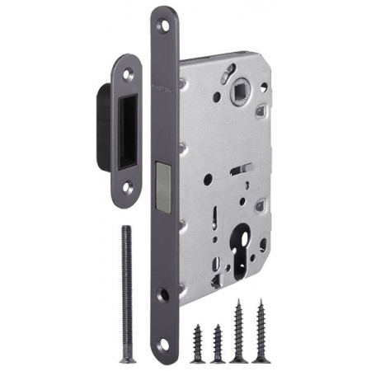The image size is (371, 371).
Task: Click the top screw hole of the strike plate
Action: [x=128, y=77]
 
